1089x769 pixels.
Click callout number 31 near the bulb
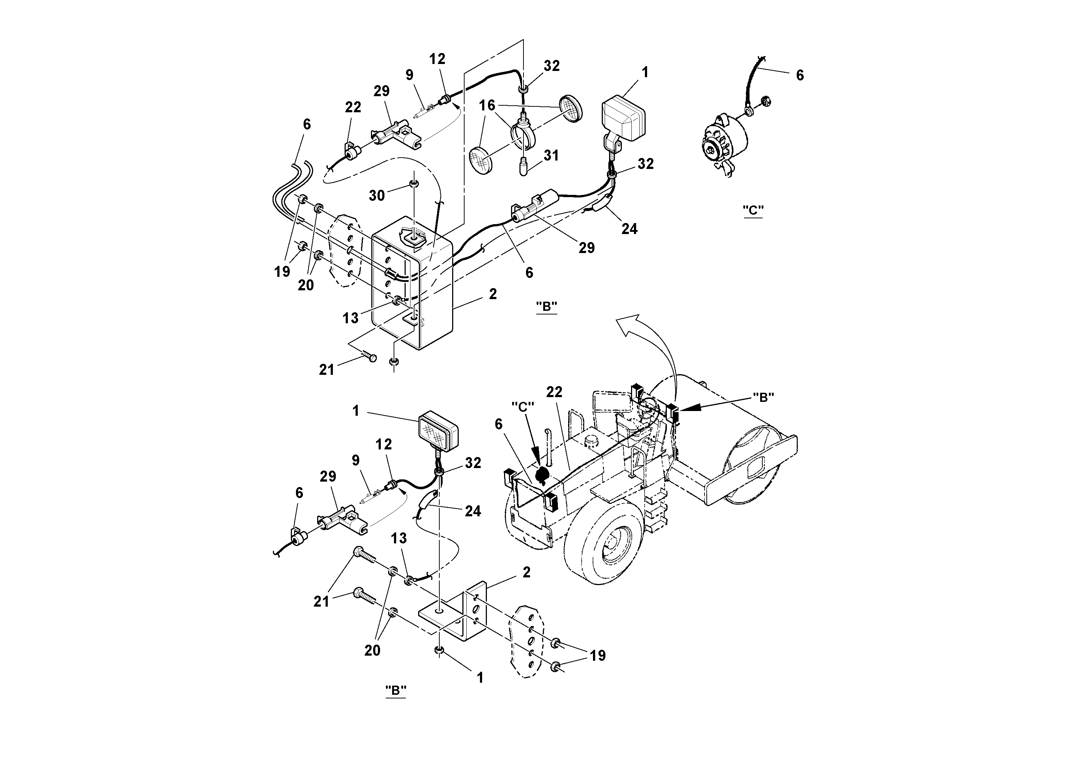click(x=551, y=155)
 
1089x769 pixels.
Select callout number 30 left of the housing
click(x=377, y=195)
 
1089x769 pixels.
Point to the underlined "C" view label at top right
click(x=753, y=210)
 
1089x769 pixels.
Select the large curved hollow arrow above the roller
click(x=650, y=346)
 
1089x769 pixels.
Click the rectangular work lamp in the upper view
click(x=622, y=118)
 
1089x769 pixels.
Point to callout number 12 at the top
click(x=437, y=59)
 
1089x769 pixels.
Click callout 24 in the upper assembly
click(x=630, y=229)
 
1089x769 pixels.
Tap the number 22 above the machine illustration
click(x=554, y=392)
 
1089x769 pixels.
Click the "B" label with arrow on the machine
click(x=763, y=398)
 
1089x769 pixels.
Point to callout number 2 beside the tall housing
click(x=493, y=294)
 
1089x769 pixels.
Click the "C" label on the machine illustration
click(x=523, y=406)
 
